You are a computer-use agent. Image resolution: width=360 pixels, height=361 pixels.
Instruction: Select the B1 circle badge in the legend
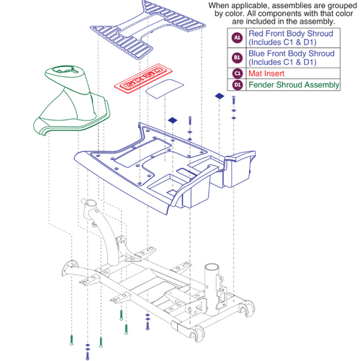pos(237,57)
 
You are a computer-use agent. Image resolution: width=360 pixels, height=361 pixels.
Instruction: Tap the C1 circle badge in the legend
pos(237,73)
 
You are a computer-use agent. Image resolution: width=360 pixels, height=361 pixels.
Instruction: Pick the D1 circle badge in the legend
pos(237,86)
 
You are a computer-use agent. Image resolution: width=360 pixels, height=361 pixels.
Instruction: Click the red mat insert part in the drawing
pos(138,80)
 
